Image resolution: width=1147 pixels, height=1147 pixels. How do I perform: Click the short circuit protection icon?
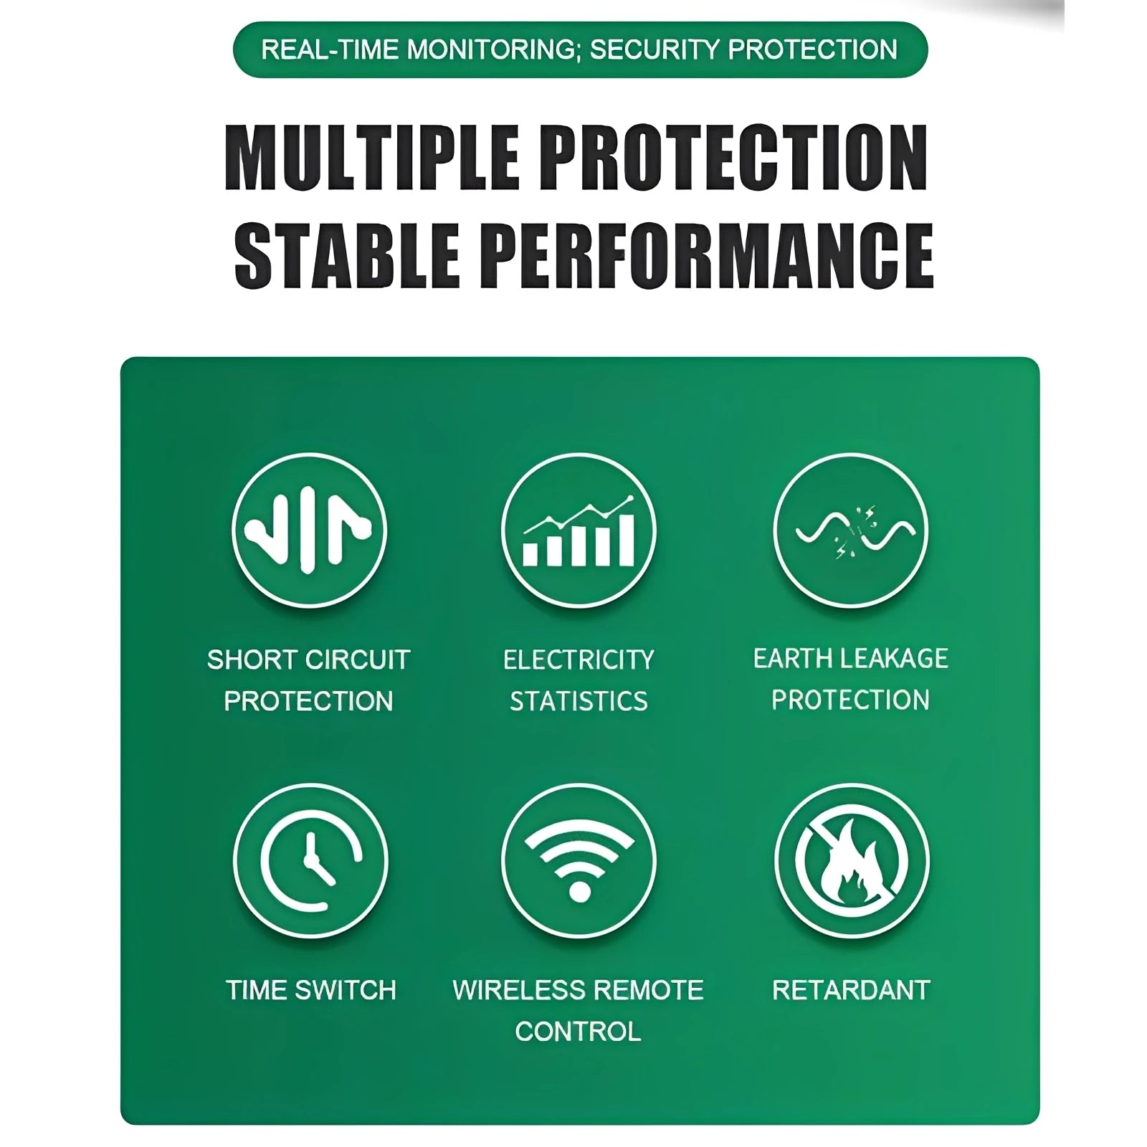click(309, 530)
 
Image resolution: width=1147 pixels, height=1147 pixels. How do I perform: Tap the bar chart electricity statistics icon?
click(579, 530)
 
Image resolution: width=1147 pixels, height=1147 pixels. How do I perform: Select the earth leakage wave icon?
click(851, 530)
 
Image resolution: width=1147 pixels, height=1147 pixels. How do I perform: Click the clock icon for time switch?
click(310, 860)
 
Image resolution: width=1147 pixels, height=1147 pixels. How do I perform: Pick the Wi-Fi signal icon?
click(579, 860)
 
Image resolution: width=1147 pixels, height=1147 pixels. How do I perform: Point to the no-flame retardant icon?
click(852, 860)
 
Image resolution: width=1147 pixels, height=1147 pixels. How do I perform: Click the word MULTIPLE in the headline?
click(372, 158)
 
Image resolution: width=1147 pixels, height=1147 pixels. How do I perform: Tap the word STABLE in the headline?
click(347, 255)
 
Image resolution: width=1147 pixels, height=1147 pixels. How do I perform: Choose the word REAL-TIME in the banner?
click(330, 50)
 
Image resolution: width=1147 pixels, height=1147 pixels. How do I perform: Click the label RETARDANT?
click(851, 990)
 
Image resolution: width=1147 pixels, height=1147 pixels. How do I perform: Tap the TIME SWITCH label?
click(311, 990)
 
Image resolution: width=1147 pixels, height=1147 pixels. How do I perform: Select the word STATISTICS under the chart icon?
click(579, 701)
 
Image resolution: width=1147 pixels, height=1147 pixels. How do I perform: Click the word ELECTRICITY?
click(579, 660)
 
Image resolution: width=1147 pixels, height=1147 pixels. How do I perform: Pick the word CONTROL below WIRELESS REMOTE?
click(579, 1032)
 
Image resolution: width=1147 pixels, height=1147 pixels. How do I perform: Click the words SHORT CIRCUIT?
click(308, 660)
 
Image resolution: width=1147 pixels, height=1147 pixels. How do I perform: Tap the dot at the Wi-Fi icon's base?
click(579, 892)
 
